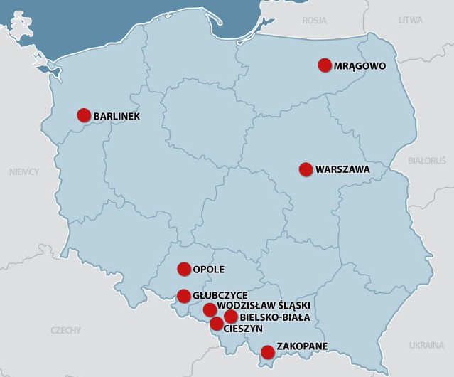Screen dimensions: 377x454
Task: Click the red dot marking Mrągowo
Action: [x=325, y=65]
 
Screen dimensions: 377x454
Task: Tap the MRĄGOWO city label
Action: [x=360, y=66]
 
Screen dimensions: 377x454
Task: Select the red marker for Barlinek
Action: [x=84, y=115]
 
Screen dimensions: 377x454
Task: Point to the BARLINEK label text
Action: [x=117, y=116]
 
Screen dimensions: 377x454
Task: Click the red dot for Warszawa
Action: [x=306, y=169]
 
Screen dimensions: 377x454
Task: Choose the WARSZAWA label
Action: [x=342, y=170]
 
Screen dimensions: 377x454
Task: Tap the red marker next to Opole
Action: [x=184, y=269]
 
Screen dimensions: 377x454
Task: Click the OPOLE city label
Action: [x=209, y=270]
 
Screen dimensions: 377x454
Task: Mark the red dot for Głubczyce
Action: [x=184, y=296]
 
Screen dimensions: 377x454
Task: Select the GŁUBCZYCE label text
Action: [x=220, y=295]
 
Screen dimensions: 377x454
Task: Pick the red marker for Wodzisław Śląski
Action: [x=210, y=309]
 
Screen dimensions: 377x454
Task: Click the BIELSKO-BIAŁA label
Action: [x=275, y=317]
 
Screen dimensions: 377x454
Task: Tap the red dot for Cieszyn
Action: [x=217, y=324]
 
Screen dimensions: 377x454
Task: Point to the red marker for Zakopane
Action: [x=267, y=351]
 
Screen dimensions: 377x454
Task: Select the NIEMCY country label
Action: [x=24, y=171]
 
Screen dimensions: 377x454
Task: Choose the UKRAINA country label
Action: [x=426, y=346]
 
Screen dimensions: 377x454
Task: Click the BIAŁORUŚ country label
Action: [x=426, y=161]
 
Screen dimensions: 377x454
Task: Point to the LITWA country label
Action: [x=410, y=21]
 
